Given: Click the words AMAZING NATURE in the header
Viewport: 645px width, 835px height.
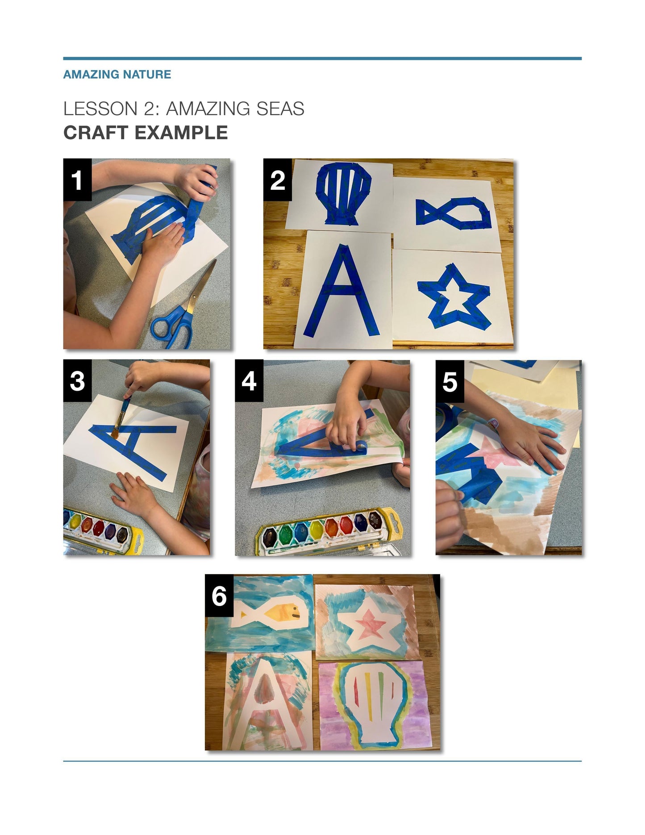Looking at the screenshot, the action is pyautogui.click(x=117, y=74).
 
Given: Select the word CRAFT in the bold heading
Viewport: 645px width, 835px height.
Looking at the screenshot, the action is pyautogui.click(x=96, y=133).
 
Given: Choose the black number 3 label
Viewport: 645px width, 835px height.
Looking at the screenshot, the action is pyautogui.click(x=77, y=381).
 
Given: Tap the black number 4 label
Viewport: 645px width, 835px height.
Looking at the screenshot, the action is pyautogui.click(x=249, y=381).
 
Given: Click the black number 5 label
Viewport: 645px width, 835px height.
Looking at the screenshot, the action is pyautogui.click(x=449, y=381).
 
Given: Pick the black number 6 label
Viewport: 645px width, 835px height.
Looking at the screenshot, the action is pyautogui.click(x=219, y=595).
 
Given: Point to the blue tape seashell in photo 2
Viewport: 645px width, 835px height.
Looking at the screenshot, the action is pyautogui.click(x=343, y=193).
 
